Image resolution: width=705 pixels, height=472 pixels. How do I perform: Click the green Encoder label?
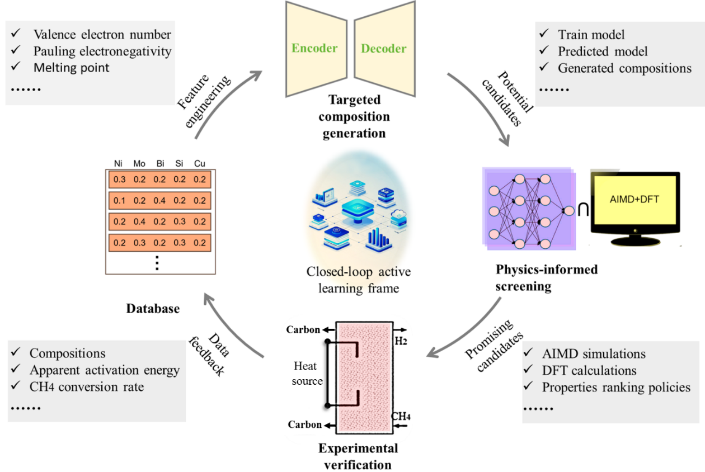pyautogui.click(x=314, y=48)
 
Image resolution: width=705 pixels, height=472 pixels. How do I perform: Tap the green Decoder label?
pyautogui.click(x=384, y=48)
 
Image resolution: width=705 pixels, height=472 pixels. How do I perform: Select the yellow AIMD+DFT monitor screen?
pyautogui.click(x=634, y=202)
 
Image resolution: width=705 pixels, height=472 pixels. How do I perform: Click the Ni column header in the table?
pyautogui.click(x=118, y=164)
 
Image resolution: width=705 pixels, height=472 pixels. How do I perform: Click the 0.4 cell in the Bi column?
pyautogui.click(x=159, y=200)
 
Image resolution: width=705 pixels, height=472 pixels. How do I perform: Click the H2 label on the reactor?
pyautogui.click(x=401, y=341)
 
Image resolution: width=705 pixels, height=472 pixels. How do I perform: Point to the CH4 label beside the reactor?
pyautogui.click(x=399, y=417)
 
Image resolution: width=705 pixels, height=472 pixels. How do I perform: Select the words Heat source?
pyautogui.click(x=308, y=373)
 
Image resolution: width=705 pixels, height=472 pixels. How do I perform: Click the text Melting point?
pyautogui.click(x=71, y=68)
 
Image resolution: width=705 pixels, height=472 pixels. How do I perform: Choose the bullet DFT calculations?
pyautogui.click(x=589, y=370)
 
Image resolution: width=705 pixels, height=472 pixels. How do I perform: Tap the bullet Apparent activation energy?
pyautogui.click(x=105, y=370)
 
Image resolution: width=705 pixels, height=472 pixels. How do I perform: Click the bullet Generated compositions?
pyautogui.click(x=624, y=68)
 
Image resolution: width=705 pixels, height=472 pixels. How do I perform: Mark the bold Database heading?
pyautogui.click(x=153, y=308)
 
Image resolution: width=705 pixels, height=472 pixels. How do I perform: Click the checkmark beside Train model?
pyautogui.click(x=546, y=35)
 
